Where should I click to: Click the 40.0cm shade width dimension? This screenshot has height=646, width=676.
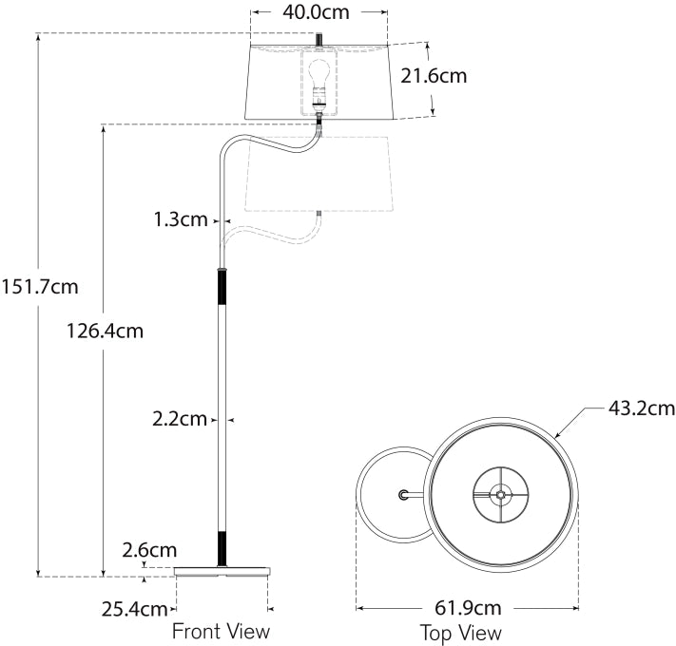pos(319,14)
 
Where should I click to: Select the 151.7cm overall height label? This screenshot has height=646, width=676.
pos(40,286)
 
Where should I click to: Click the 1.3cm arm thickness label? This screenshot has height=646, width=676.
pos(180,219)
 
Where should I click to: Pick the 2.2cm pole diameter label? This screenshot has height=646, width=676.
pos(180,418)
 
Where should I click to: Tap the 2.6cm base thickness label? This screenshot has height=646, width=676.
pos(149,549)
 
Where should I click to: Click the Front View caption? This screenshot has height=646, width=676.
pos(221,631)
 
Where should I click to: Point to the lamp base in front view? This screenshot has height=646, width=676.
pos(222,571)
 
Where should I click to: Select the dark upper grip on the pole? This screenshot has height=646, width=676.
pos(222,287)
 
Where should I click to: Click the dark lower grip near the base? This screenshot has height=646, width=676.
pos(222,547)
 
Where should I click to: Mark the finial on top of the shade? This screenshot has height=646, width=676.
pos(319,39)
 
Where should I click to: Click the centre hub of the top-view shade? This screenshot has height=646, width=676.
pos(500,494)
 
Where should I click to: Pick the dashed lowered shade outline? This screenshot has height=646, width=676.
pos(319,176)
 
